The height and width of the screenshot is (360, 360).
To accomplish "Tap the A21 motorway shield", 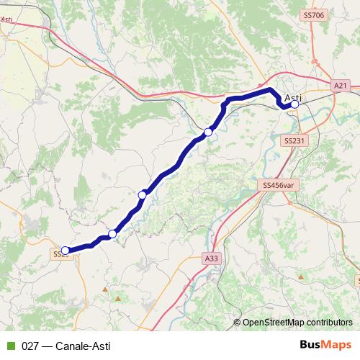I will pos(341,86).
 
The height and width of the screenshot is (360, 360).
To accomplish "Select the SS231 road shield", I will pos(293,141).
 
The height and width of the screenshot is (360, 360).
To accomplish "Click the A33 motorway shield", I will pos(210,258).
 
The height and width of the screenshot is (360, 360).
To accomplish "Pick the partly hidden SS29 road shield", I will pos(59,254).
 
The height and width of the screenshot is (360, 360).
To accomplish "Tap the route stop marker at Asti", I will pos(294,104).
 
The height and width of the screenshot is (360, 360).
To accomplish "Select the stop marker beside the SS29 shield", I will pos(66,251).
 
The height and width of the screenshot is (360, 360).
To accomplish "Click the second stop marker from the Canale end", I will pos(112,234).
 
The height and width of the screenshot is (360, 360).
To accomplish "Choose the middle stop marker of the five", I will pos(143,195).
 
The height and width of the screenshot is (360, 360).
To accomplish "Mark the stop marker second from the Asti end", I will pos(208,132).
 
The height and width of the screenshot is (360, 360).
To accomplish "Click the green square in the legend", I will pos(11,346).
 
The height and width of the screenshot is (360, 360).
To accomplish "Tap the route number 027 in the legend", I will pos(31,346).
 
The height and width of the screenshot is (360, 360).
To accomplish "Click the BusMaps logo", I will pos(325,345).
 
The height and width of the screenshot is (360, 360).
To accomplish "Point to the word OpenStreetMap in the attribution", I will pos(274,323).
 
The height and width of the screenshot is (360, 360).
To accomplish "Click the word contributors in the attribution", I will pos(330,323).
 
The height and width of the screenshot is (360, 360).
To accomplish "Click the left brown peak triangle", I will pos(105,290).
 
